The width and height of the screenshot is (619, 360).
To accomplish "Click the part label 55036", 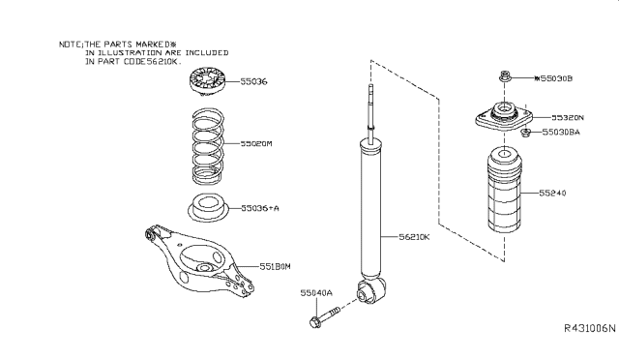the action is [x=253, y=82].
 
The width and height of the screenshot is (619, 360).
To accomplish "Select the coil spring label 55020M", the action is [x=256, y=143].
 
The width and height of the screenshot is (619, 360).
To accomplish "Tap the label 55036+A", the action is [x=260, y=208].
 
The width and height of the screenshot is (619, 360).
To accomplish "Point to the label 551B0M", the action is [x=275, y=267].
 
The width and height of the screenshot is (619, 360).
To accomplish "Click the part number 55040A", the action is [x=316, y=293].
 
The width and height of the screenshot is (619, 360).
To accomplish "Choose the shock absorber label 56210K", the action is [x=414, y=237].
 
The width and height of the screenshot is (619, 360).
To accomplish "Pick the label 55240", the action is [x=552, y=193].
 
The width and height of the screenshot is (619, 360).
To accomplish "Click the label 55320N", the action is [x=568, y=117].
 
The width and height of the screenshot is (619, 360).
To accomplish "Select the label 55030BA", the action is [x=561, y=132].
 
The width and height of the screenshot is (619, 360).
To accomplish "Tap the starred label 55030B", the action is [x=553, y=78].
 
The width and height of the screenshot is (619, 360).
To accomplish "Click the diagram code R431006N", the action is [x=589, y=328].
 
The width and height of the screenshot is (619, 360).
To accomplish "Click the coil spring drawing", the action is [x=208, y=146].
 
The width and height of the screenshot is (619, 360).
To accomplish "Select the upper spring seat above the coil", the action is [x=207, y=82].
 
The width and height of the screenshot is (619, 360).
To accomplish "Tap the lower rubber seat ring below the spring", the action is [x=208, y=208].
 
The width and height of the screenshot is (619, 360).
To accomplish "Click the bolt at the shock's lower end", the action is [x=325, y=316].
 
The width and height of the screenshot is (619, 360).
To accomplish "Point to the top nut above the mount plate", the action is [x=504, y=75].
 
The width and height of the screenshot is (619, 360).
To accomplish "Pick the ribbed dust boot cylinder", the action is [x=504, y=190].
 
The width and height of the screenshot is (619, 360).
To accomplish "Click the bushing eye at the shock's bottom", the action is [x=371, y=290].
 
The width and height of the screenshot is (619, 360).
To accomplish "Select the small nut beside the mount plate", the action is [x=525, y=133].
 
